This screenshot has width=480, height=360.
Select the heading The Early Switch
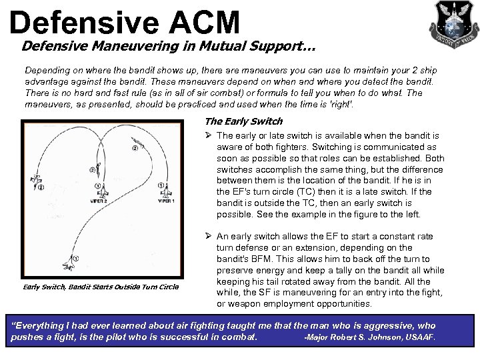point(243,121)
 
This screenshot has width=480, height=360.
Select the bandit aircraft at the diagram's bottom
point(69,266)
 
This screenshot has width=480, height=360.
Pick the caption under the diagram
point(101,287)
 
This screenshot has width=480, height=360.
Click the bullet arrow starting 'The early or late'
point(209,136)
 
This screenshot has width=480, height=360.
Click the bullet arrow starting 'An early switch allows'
point(209,237)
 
